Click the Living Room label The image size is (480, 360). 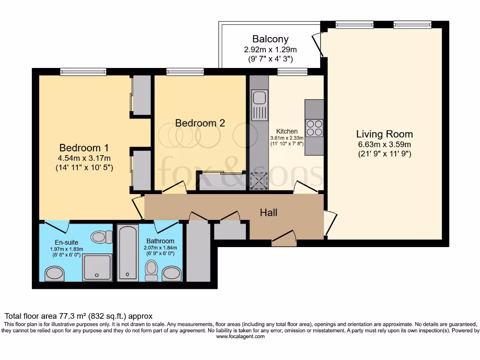click(x=384, y=135)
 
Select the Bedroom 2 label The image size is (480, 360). click(x=200, y=123)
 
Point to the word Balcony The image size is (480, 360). click(x=270, y=39)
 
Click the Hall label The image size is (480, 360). click(x=269, y=213)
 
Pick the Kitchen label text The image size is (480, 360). click(x=287, y=131)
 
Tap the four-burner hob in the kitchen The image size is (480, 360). click(x=314, y=127)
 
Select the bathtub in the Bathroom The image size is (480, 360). click(x=126, y=253)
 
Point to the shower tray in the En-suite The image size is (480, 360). click(x=97, y=268)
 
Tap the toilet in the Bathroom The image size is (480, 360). click(x=151, y=270)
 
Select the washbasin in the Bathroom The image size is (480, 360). click(x=172, y=274)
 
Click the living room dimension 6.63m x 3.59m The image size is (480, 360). click(x=384, y=144)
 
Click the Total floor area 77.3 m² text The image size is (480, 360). click(x=78, y=316)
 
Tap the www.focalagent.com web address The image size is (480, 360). click(x=240, y=337)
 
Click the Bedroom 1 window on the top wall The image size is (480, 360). click(x=83, y=72)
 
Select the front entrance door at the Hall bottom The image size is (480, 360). click(x=284, y=239)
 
